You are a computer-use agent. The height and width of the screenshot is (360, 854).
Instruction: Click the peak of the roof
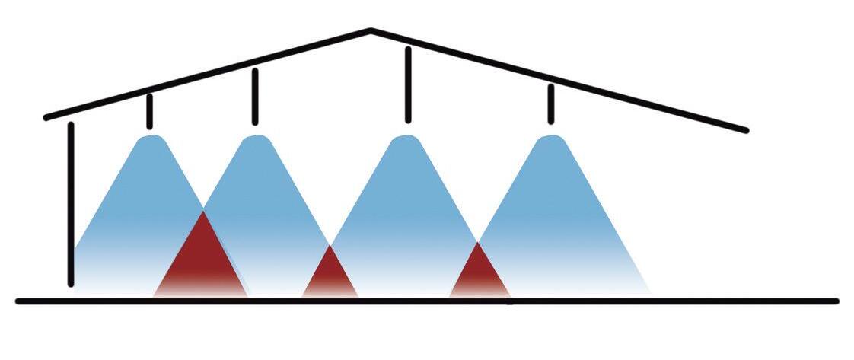click(371, 31)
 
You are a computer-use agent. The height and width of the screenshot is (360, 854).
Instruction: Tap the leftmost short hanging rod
click(149, 111)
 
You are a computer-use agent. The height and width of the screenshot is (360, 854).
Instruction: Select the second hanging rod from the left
click(255, 96)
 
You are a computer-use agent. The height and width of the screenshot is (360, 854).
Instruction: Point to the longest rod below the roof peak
click(408, 84)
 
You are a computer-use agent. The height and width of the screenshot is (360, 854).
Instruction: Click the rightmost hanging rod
click(551, 104)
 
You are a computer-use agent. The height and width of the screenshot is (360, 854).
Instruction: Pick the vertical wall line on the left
click(71, 204)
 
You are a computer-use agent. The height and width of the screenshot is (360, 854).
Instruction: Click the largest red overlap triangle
click(202, 263)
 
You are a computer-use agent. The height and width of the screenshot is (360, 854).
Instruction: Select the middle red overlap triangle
click(330, 276)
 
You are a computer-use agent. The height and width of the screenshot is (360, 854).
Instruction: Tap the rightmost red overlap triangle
click(478, 274)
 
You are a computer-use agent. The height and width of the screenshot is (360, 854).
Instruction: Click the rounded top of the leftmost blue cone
click(151, 138)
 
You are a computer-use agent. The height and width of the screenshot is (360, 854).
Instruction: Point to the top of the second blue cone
click(256, 138)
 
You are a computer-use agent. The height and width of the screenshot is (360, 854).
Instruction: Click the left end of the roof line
click(46, 118)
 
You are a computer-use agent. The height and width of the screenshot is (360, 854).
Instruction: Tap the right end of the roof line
click(747, 131)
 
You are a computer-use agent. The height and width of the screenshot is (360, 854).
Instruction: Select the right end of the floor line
click(836, 301)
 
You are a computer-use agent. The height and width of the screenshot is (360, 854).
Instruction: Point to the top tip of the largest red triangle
click(202, 213)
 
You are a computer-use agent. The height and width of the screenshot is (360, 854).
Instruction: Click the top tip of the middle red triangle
click(330, 246)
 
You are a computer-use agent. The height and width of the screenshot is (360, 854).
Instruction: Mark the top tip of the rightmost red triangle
click(477, 243)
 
